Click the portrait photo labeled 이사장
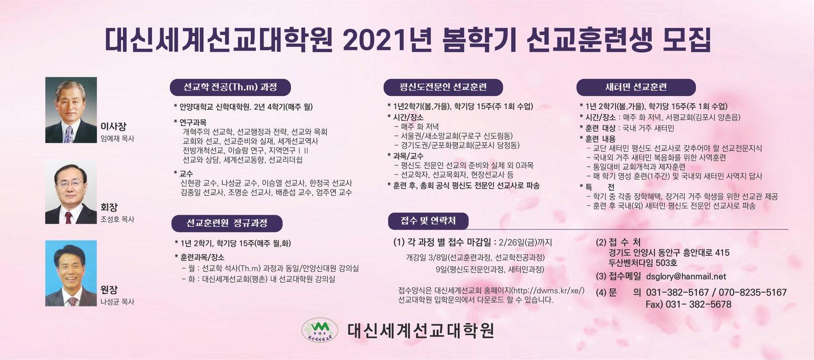71,110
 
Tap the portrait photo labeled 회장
71,192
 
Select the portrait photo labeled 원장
71,273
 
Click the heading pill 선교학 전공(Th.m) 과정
230,87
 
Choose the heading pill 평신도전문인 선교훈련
443,87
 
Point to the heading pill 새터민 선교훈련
636,87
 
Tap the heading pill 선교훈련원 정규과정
227,223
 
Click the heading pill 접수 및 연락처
428,221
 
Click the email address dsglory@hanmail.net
686,277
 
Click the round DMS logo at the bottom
320,330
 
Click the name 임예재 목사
118,139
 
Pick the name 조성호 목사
118,220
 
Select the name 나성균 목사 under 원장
118,302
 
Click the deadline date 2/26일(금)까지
526,243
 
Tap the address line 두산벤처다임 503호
643,263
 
